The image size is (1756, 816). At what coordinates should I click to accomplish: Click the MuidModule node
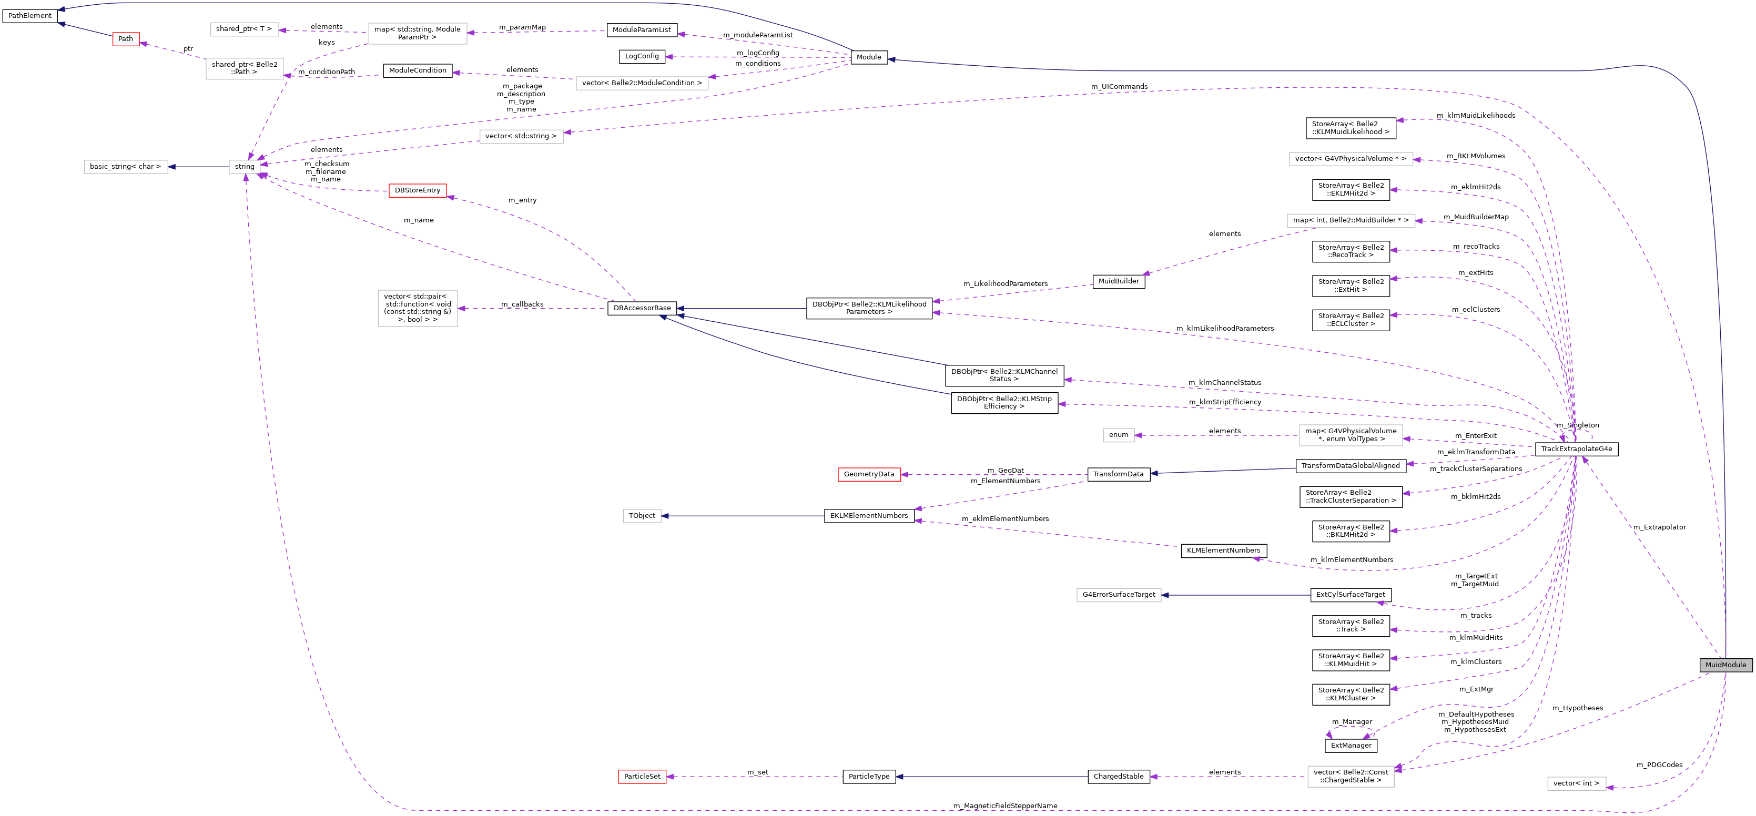click(x=1725, y=665)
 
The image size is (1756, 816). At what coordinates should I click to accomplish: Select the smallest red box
click(x=126, y=39)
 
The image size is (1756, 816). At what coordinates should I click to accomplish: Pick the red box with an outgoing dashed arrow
click(x=417, y=191)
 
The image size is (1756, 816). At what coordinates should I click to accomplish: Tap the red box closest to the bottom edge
click(x=642, y=777)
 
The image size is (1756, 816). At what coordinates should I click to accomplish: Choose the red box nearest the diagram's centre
click(x=869, y=474)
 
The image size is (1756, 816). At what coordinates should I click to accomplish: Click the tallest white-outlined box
click(x=417, y=308)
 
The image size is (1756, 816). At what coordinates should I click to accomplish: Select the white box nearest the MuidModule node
click(x=1576, y=784)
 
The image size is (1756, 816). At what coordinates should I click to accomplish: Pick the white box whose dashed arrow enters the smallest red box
click(x=244, y=69)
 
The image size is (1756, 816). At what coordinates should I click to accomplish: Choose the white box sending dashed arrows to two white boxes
click(x=417, y=34)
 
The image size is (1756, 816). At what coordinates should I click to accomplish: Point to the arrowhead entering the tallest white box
click(x=462, y=309)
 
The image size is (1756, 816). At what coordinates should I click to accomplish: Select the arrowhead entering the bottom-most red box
click(x=670, y=777)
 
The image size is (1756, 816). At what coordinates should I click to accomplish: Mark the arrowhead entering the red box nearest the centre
click(x=905, y=474)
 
